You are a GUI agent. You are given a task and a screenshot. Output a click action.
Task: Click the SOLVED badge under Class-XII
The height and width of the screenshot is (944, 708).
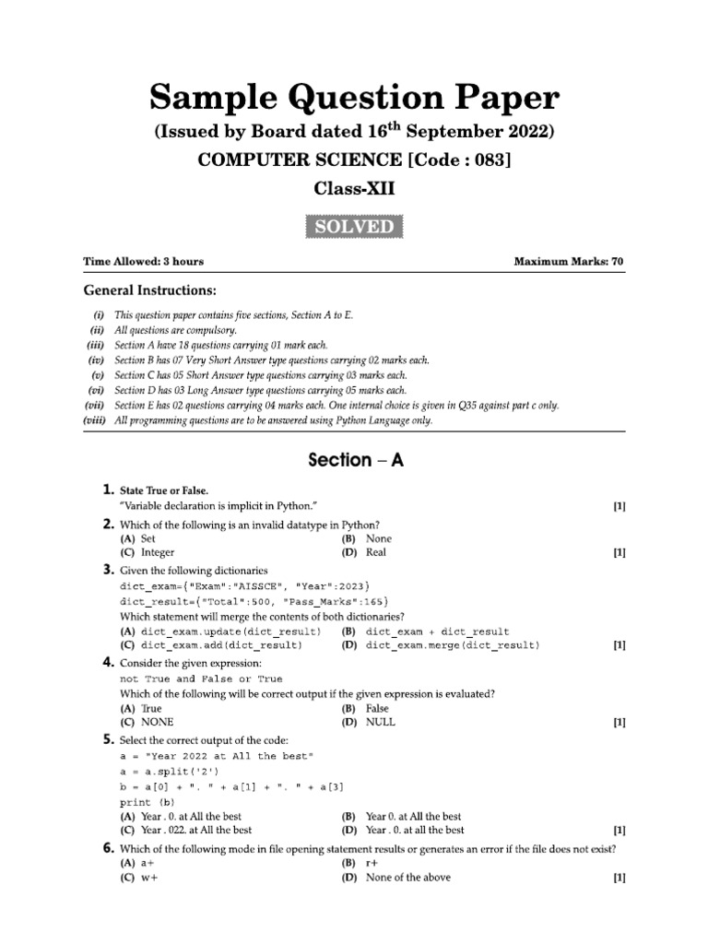click(x=354, y=227)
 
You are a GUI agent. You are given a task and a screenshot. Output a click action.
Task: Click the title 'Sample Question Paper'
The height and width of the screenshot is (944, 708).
click(x=354, y=98)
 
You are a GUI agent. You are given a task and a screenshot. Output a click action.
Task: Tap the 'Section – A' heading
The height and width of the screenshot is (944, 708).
click(x=354, y=460)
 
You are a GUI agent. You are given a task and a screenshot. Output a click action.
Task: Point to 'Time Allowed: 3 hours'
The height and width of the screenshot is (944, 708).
click(x=143, y=262)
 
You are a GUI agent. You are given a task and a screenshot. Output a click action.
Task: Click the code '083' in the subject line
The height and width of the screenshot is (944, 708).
click(x=486, y=159)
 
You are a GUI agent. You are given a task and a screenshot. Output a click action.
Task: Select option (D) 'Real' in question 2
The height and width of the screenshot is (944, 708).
click(x=376, y=553)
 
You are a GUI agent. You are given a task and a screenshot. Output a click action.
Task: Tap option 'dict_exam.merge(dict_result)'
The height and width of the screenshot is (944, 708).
click(x=453, y=646)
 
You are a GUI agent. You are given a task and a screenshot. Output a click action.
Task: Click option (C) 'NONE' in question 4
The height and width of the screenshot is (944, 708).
click(x=157, y=723)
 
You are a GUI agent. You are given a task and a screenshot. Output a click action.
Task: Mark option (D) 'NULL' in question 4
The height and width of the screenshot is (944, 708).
click(x=380, y=723)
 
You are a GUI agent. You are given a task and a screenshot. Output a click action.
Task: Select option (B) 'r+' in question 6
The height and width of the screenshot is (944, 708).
click(x=373, y=863)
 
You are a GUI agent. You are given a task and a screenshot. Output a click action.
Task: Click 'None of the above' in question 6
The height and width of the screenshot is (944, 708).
click(x=407, y=878)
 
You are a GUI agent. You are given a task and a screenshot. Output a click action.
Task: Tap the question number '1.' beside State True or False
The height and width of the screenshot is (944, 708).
click(x=108, y=490)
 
